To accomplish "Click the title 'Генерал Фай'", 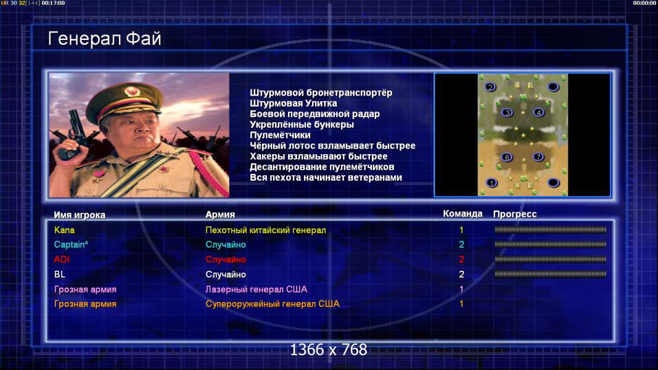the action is pos(104,39).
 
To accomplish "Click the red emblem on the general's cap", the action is pos(132,91).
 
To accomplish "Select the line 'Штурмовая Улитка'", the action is pos(293,103).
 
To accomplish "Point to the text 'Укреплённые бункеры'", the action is pos(302,125).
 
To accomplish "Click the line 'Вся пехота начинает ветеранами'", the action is pos(326,178).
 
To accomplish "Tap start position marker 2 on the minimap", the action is pos(490,87).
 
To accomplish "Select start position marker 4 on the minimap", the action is pos(538,112).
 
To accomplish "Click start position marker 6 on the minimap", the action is pos(507,157).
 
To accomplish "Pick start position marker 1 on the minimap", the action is pos(491,183).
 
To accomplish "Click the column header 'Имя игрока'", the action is pos(80,215).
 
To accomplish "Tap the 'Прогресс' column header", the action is pos(515,214).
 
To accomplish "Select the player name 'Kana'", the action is pos(64,230).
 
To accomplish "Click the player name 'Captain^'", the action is pos(71,245).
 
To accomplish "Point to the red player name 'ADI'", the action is pos(61,259).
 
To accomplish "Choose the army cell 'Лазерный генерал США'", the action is pos(256,289).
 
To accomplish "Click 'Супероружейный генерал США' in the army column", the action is pos(273,304).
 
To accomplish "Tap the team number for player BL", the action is pos(461,274).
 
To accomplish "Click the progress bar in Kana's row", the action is pos(550,230).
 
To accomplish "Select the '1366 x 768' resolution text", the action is pos(329,350).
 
